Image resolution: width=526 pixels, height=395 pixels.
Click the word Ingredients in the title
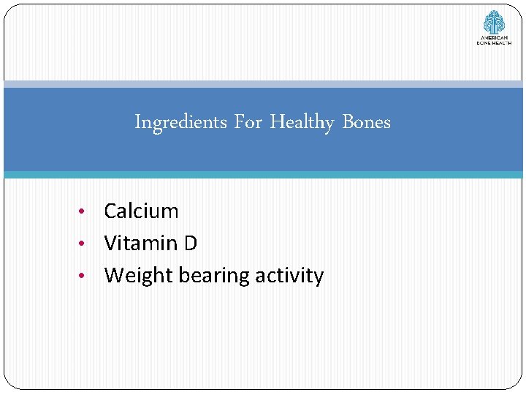(x=181, y=122)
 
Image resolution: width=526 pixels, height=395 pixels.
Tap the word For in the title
(x=248, y=122)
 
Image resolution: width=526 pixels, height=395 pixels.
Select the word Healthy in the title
(x=302, y=122)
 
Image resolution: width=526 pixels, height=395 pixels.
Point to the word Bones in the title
(x=366, y=122)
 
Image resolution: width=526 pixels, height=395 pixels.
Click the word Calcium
(x=141, y=211)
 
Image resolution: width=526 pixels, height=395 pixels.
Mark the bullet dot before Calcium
(x=85, y=212)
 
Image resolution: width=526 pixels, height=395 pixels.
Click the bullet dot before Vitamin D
(x=85, y=244)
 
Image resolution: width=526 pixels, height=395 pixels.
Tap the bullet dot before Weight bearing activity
(x=85, y=276)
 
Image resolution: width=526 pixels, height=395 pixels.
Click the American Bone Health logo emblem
(x=494, y=21)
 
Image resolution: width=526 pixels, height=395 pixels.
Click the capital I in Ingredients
(x=137, y=122)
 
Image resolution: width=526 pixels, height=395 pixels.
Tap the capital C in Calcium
(x=111, y=211)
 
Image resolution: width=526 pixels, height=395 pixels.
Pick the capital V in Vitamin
(x=111, y=243)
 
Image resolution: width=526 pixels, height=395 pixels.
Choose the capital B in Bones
(x=347, y=122)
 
